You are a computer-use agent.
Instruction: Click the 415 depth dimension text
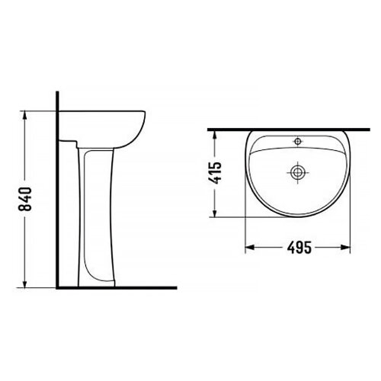coord(216,174)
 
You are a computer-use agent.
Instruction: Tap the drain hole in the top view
coord(297,173)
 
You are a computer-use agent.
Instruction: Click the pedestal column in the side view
coord(98,213)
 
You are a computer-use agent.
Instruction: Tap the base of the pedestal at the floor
coord(98,283)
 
